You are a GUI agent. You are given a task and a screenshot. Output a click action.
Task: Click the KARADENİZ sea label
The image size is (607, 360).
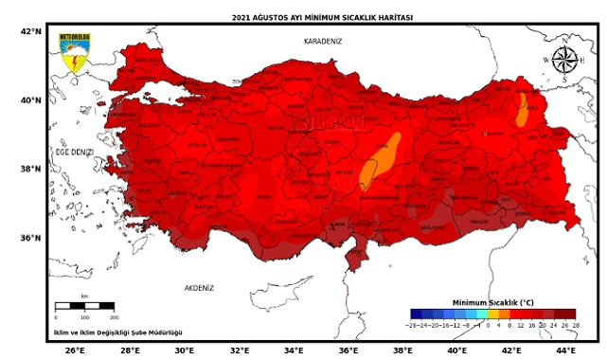[x=321, y=43]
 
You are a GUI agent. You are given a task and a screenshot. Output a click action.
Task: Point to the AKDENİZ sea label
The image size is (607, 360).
[x=200, y=287]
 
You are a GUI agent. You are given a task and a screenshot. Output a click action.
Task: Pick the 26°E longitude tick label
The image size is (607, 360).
[x=76, y=350]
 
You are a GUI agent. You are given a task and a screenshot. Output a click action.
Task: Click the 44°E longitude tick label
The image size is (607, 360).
[x=565, y=350]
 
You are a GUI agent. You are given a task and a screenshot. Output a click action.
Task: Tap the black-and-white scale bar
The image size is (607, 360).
[x=85, y=306]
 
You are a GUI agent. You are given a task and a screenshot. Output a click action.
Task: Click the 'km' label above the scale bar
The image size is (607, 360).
[x=84, y=297]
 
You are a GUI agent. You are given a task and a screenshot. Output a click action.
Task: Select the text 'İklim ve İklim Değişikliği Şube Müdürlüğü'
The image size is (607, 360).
[x=117, y=332]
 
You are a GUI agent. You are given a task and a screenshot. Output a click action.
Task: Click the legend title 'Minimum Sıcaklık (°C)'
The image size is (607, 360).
[x=494, y=300]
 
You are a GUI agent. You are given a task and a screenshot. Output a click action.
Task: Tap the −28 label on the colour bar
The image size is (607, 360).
[x=414, y=325]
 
